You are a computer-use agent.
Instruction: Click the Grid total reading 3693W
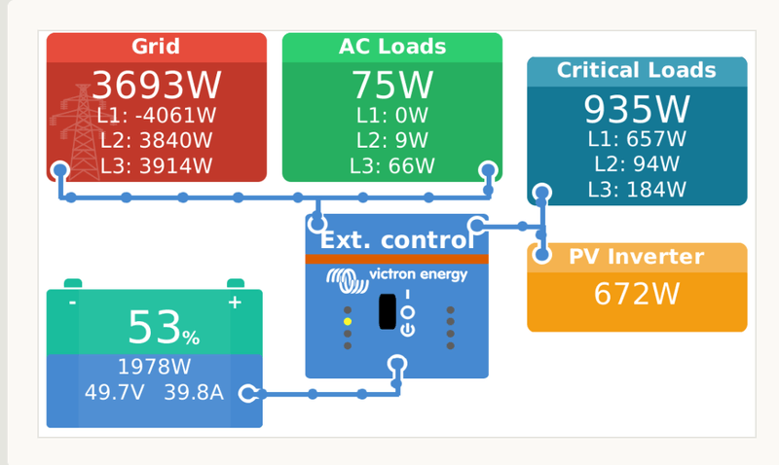[157, 86]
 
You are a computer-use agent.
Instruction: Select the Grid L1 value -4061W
[157, 116]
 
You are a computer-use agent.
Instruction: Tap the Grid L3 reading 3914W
[157, 165]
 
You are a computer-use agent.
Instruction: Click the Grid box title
[156, 47]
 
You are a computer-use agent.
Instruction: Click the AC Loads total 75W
[392, 86]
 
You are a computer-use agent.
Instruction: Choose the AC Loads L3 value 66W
[392, 165]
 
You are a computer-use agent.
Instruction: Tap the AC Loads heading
[392, 47]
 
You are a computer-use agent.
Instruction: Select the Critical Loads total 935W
[637, 108]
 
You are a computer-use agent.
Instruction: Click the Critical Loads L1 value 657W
[637, 139]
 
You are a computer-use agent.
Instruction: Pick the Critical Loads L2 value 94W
[637, 163]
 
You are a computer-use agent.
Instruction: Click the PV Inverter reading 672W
[637, 293]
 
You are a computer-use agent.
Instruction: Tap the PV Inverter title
[637, 257]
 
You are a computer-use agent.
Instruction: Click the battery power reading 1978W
[154, 367]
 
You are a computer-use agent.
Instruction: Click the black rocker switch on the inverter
[387, 311]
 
